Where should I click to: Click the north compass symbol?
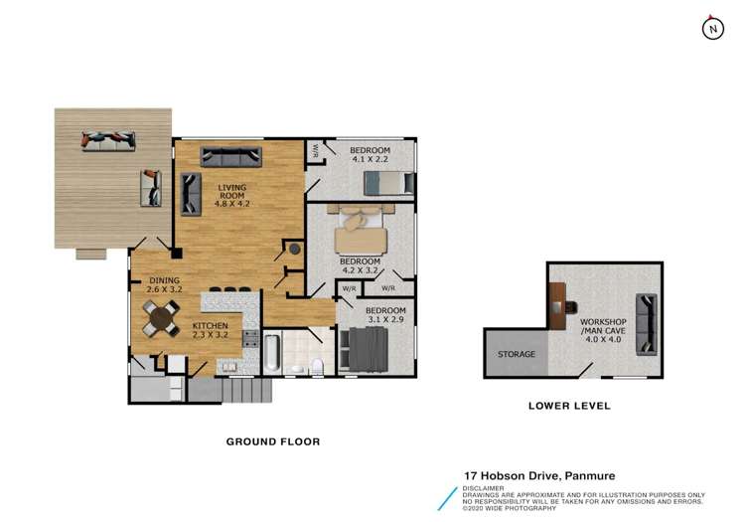[x=712, y=29]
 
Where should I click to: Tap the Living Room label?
[x=231, y=191]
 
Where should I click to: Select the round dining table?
[x=162, y=318]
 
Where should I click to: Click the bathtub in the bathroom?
[x=272, y=353]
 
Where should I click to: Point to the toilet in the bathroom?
[x=317, y=365]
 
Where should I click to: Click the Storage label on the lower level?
[x=517, y=354]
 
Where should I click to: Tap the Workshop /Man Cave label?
[x=603, y=326]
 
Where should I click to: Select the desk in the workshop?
[x=557, y=306]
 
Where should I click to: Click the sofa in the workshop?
[x=647, y=324]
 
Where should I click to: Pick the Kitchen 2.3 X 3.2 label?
[x=210, y=330]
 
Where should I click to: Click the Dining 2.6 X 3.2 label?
[x=164, y=284]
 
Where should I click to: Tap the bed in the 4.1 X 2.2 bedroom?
[x=388, y=183]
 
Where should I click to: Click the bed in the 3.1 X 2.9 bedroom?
[x=365, y=349]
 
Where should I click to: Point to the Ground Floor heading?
[x=273, y=441]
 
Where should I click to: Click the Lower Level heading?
[x=570, y=406]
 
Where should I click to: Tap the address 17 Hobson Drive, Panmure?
[x=539, y=475]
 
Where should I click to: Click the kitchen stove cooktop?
[x=250, y=338]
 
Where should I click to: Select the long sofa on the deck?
[x=108, y=141]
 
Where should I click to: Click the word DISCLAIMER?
[x=483, y=488]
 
